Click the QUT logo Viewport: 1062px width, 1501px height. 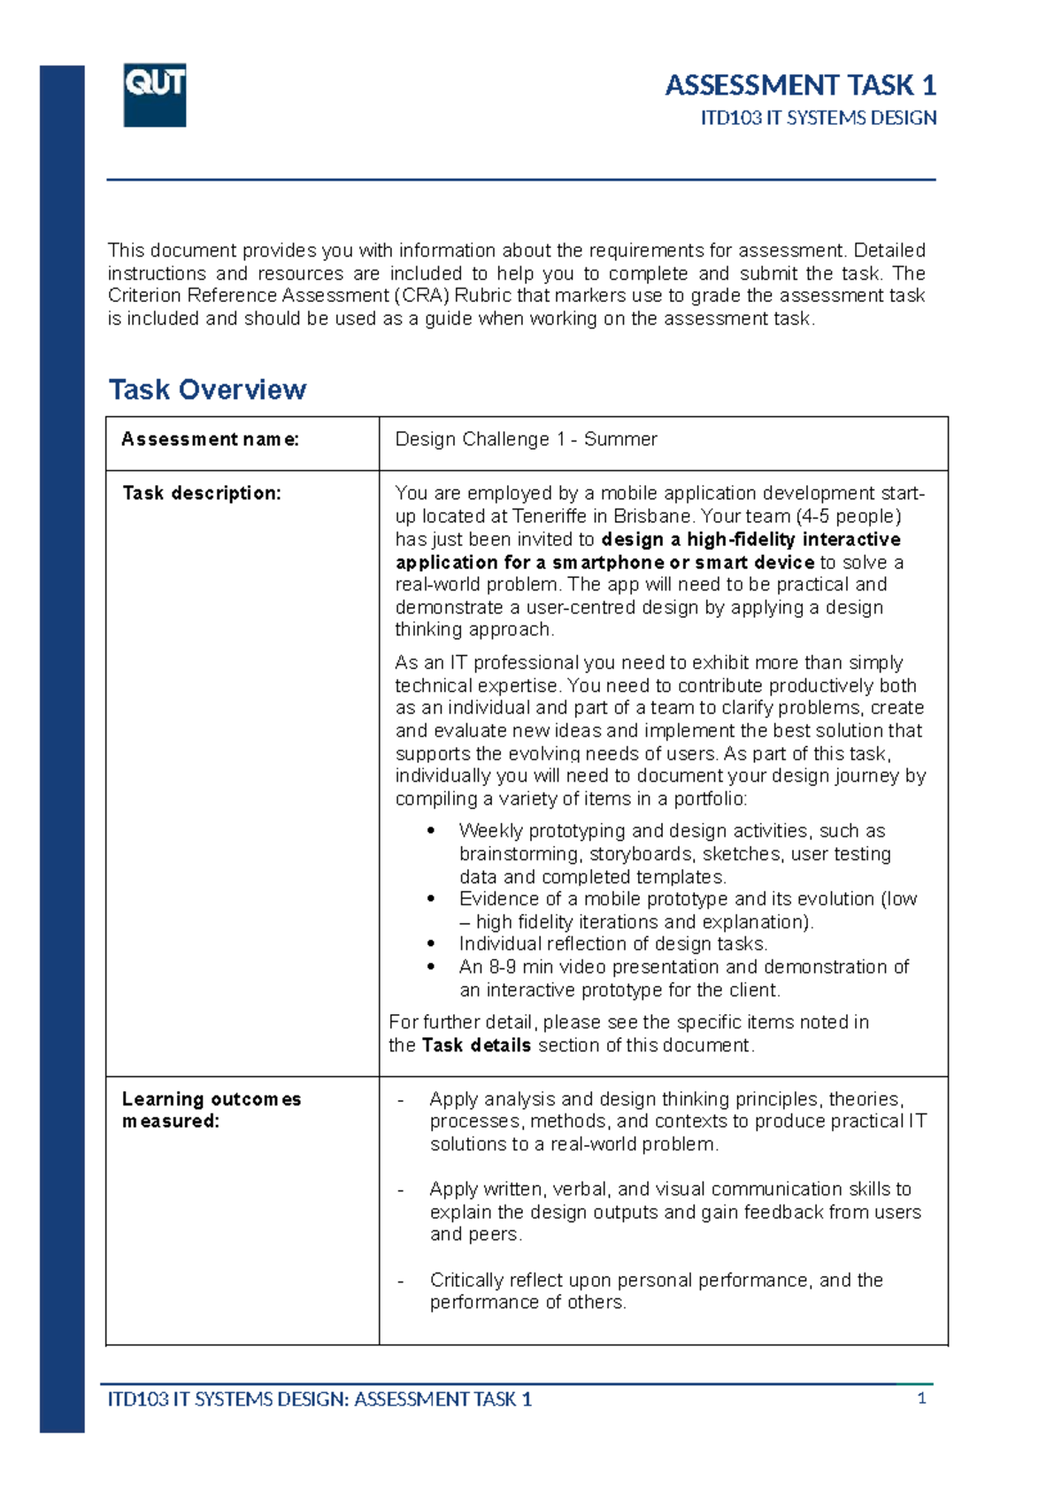[x=155, y=95]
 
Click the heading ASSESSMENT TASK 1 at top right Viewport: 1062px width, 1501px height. [x=800, y=85]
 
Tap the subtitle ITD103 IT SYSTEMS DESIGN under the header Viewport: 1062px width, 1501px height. [x=818, y=118]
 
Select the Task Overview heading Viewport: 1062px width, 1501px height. [x=207, y=389]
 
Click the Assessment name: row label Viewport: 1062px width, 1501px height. [x=210, y=439]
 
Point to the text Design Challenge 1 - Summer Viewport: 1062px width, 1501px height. [x=526, y=439]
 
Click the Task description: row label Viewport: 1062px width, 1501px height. [x=202, y=493]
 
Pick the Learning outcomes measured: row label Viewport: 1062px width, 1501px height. [x=211, y=1110]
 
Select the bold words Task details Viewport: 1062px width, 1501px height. [x=476, y=1045]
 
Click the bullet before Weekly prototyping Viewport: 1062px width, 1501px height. [x=431, y=831]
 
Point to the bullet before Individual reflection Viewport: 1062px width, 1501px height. [x=431, y=944]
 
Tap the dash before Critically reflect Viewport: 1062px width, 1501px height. [x=401, y=1281]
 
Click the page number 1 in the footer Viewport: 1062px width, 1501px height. [x=921, y=1398]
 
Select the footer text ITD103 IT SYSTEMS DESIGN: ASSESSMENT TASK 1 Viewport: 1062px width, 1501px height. [x=319, y=1399]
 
